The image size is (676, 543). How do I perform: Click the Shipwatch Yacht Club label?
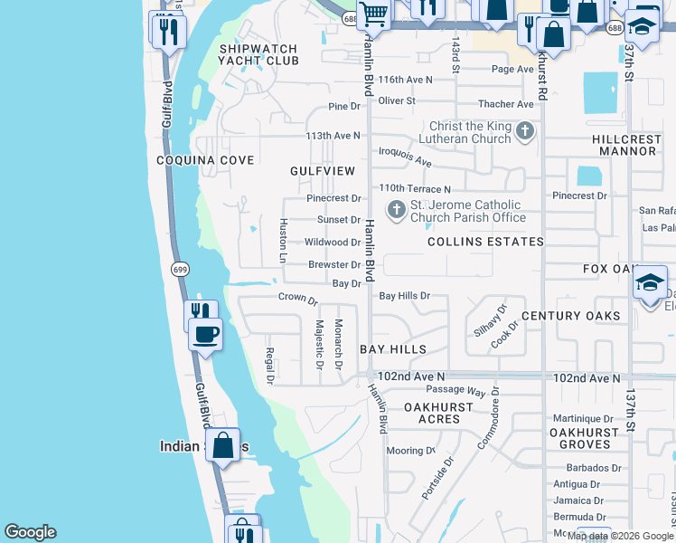tap(258, 54)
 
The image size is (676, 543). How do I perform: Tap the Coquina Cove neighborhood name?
tap(204, 160)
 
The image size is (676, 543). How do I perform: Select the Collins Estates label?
tap(485, 242)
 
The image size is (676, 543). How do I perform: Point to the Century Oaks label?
tap(570, 315)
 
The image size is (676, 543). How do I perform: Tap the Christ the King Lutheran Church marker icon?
tap(525, 133)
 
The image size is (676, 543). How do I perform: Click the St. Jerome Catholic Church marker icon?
tap(396, 211)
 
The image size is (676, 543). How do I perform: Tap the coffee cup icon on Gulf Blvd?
tap(207, 334)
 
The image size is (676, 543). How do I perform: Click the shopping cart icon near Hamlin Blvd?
tap(375, 14)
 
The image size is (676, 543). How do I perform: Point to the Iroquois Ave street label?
tap(406, 157)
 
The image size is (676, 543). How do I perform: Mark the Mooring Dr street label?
tap(410, 451)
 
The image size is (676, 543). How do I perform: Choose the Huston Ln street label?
tap(283, 241)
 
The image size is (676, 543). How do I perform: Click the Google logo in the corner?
tap(30, 532)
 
